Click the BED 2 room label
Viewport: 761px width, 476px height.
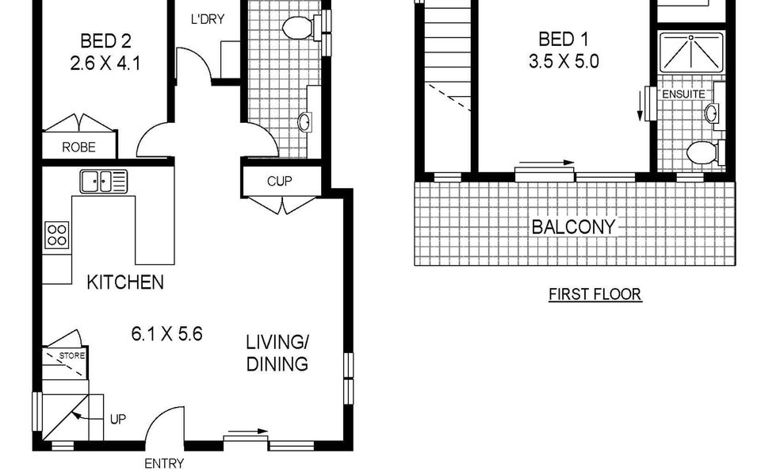[x=105, y=40]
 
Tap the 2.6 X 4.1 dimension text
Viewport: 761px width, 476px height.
[x=105, y=63]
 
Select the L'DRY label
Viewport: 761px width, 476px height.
[x=207, y=19]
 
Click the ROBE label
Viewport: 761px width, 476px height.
[x=78, y=148]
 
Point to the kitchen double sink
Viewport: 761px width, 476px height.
[x=103, y=181]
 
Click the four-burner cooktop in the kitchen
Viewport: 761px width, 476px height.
[x=57, y=235]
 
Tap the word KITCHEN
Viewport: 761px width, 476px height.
[x=125, y=282]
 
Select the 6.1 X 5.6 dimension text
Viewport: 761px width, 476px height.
[x=166, y=334]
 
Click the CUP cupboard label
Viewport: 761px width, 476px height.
[x=280, y=181]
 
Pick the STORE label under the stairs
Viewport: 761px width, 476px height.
[x=72, y=355]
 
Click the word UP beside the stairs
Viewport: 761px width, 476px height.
[x=118, y=419]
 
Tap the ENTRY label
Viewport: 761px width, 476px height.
[x=164, y=464]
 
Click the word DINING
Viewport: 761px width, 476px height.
[x=277, y=364]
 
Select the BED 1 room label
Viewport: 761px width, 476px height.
[x=564, y=39]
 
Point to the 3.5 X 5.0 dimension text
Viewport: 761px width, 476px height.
[x=564, y=62]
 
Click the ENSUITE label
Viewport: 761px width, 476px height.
[x=683, y=94]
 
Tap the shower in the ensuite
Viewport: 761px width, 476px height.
[x=691, y=52]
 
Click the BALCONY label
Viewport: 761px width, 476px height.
[x=573, y=227]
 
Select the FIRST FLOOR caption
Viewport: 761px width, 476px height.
[x=595, y=294]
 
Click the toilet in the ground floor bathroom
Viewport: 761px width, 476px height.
[x=301, y=28]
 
